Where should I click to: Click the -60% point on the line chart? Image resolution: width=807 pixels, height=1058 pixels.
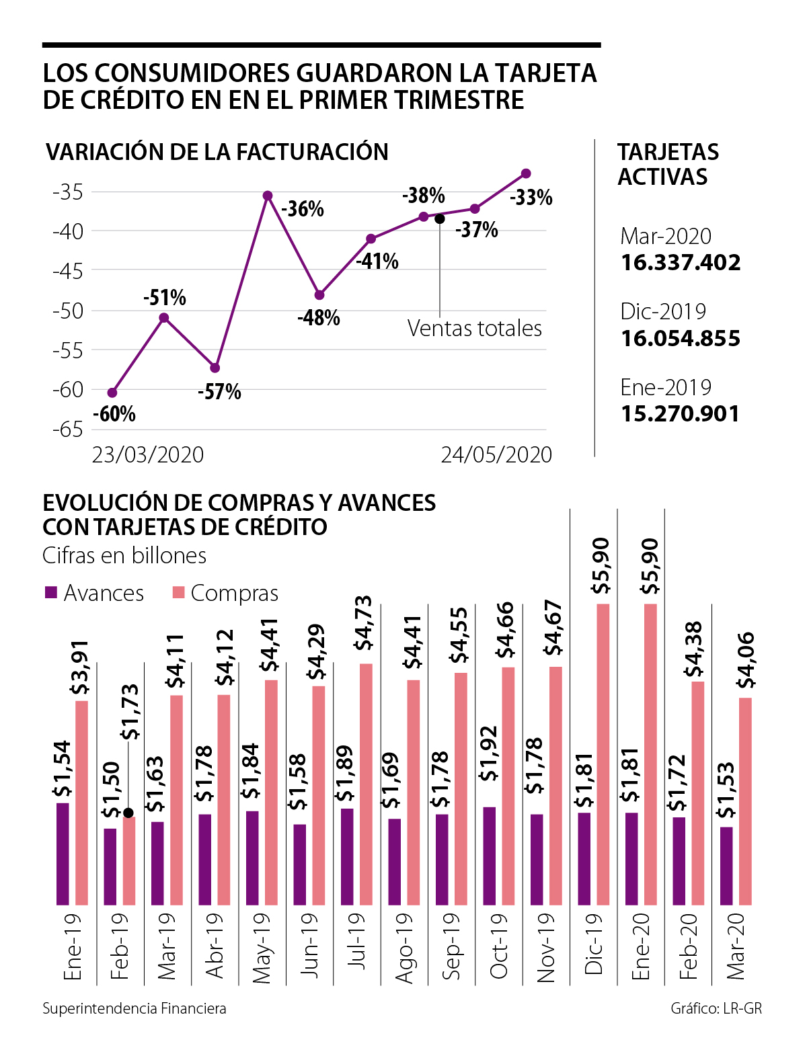tap(112, 393)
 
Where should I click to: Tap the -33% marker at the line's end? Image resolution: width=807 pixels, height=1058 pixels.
tap(526, 173)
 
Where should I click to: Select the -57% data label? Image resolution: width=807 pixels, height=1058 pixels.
tap(219, 392)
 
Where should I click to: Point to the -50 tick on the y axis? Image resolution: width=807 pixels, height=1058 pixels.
tap(67, 311)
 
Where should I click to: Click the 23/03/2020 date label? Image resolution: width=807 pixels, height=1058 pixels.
tap(148, 455)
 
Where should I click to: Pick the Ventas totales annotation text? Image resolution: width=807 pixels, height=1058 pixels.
tap(474, 328)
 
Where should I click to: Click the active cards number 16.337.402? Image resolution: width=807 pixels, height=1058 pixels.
tap(681, 262)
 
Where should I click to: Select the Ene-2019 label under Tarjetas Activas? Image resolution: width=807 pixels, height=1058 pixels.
tap(666, 387)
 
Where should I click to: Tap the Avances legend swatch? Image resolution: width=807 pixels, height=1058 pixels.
tap(50, 593)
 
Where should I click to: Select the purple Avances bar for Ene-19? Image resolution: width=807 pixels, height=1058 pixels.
tap(63, 854)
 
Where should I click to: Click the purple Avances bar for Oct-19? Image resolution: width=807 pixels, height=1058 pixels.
tap(490, 856)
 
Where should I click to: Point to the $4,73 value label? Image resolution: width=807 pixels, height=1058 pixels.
tap(364, 623)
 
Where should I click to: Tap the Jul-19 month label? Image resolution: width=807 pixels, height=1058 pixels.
tap(356, 941)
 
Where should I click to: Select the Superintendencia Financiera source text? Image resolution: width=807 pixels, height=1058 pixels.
tap(134, 1009)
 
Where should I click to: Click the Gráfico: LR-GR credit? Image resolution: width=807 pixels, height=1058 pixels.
tap(716, 1009)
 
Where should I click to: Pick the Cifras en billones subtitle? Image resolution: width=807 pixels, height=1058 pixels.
tap(124, 556)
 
